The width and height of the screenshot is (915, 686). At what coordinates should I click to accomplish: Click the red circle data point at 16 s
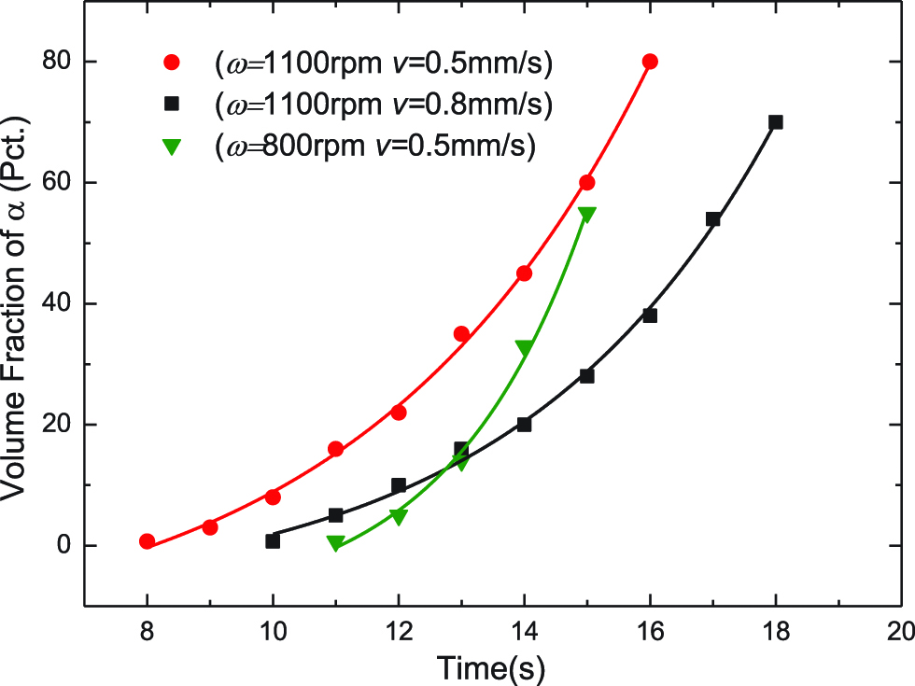(x=650, y=62)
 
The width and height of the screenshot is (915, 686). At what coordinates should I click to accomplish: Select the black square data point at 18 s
(x=775, y=122)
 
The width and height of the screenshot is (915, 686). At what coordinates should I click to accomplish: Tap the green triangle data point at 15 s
(x=586, y=214)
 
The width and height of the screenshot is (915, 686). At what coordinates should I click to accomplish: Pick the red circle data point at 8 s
(x=147, y=541)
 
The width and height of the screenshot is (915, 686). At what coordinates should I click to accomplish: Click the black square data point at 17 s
(x=712, y=219)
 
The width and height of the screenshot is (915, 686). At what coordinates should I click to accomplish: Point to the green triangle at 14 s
(x=524, y=347)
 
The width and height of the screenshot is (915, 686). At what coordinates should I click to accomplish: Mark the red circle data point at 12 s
(x=399, y=412)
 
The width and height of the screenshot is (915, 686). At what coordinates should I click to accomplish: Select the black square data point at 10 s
(x=273, y=541)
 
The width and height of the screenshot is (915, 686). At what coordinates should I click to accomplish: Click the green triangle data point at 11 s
(x=335, y=543)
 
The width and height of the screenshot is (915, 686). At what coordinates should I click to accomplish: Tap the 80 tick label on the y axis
(x=57, y=62)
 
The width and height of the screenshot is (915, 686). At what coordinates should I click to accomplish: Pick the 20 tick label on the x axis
(x=900, y=630)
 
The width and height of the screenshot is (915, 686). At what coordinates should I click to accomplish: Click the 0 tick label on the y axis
(x=63, y=545)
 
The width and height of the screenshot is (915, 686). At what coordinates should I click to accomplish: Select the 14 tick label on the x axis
(x=524, y=630)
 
